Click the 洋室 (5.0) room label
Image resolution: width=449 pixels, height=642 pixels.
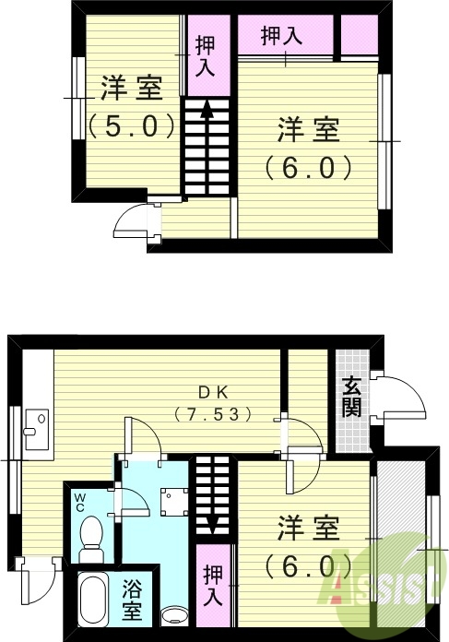131,104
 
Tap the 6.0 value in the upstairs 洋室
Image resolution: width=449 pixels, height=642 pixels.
308,168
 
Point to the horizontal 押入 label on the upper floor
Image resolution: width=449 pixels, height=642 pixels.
281,37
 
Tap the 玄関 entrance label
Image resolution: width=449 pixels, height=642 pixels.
350,398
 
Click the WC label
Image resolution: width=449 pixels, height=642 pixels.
81,504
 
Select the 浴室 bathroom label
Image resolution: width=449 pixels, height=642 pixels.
132,600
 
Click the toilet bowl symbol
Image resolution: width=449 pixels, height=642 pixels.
91,535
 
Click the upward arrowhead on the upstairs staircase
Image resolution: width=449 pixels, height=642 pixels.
207,107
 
